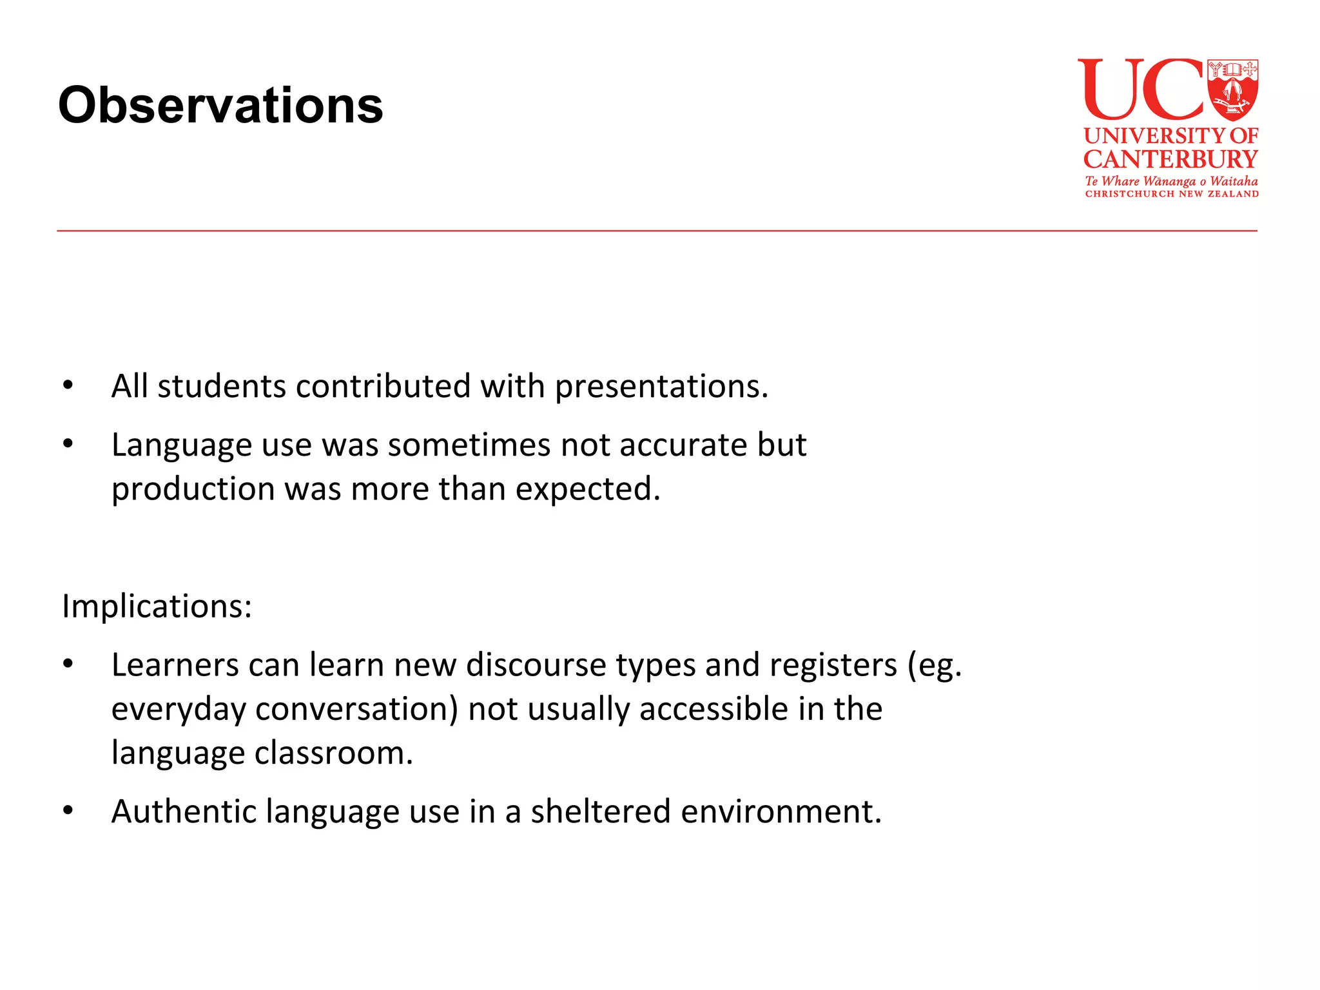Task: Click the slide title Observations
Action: pos(220,105)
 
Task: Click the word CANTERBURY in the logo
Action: pos(1170,159)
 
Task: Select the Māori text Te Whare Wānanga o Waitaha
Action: pos(1171,181)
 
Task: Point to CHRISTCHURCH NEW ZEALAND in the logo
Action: pos(1171,193)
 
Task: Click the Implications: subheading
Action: pos(157,607)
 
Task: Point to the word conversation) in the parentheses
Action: pos(356,709)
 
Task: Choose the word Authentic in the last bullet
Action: pos(182,811)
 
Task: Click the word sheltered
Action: pos(600,811)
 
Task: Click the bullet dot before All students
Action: pos(68,385)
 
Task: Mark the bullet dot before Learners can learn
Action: pos(68,665)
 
